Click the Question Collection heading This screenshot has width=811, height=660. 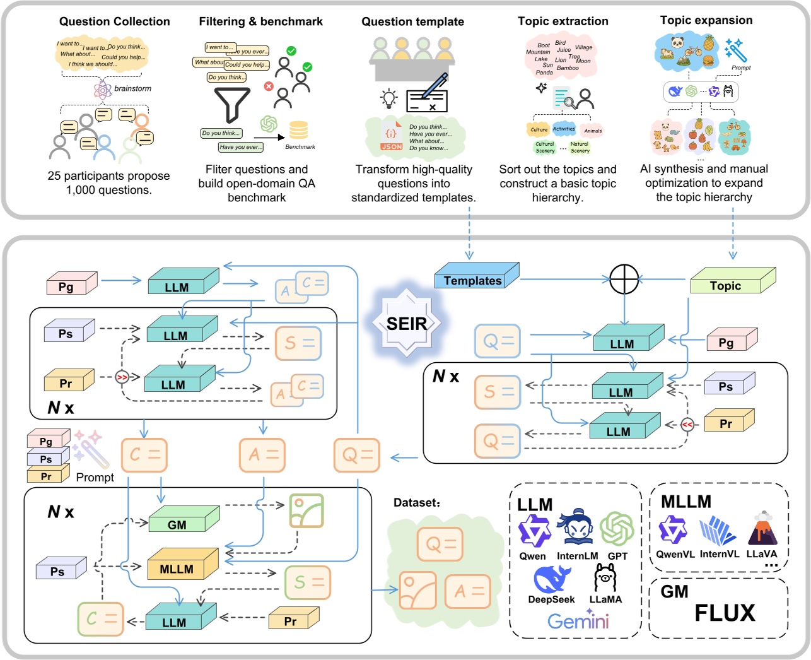point(114,21)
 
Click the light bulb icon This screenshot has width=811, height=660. point(389,98)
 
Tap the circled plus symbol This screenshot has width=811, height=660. point(624,278)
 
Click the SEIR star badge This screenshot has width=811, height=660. point(407,323)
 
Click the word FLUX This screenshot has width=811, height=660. point(725,613)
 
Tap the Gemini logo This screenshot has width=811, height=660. point(578,621)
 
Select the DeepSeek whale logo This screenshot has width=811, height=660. point(551,579)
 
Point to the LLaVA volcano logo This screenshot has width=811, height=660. point(762,529)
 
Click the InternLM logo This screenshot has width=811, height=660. point(576,529)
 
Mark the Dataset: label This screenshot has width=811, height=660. point(416,503)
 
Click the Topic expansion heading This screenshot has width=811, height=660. point(706,20)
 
